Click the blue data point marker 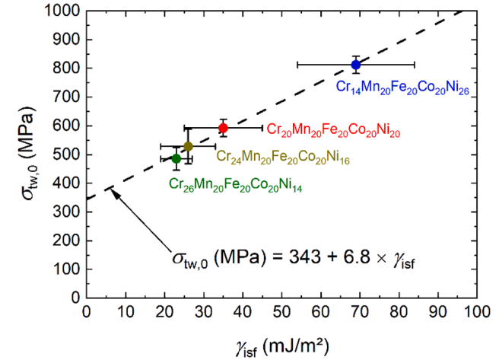[356, 65]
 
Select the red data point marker [223, 128]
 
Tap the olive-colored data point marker [188, 145]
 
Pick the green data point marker [176, 158]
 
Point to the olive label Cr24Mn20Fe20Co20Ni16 [281, 157]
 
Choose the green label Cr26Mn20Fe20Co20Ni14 [235, 184]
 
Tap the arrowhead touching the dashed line [111, 190]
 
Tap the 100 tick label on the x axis [477, 312]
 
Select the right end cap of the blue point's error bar [415, 65]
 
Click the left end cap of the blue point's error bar [297, 65]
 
